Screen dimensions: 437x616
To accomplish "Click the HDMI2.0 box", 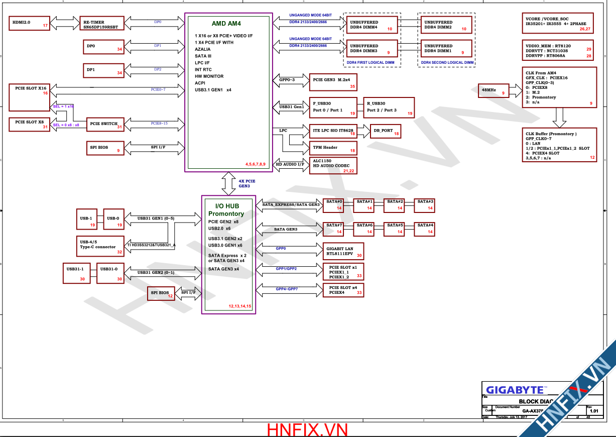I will click(x=30, y=23).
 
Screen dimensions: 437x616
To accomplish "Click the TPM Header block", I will click(x=333, y=148).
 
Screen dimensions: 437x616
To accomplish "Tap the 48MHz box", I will click(x=494, y=90).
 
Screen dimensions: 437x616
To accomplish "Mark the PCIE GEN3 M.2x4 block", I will click(x=333, y=82).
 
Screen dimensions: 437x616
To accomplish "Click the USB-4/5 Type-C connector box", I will click(x=100, y=245).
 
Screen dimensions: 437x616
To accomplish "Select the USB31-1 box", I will click(x=76, y=272).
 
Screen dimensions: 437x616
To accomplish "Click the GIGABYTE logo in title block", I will click(x=516, y=390).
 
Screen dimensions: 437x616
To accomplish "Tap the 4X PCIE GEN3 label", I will click(x=247, y=183).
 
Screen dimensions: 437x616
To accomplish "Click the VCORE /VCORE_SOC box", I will click(x=558, y=23).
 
